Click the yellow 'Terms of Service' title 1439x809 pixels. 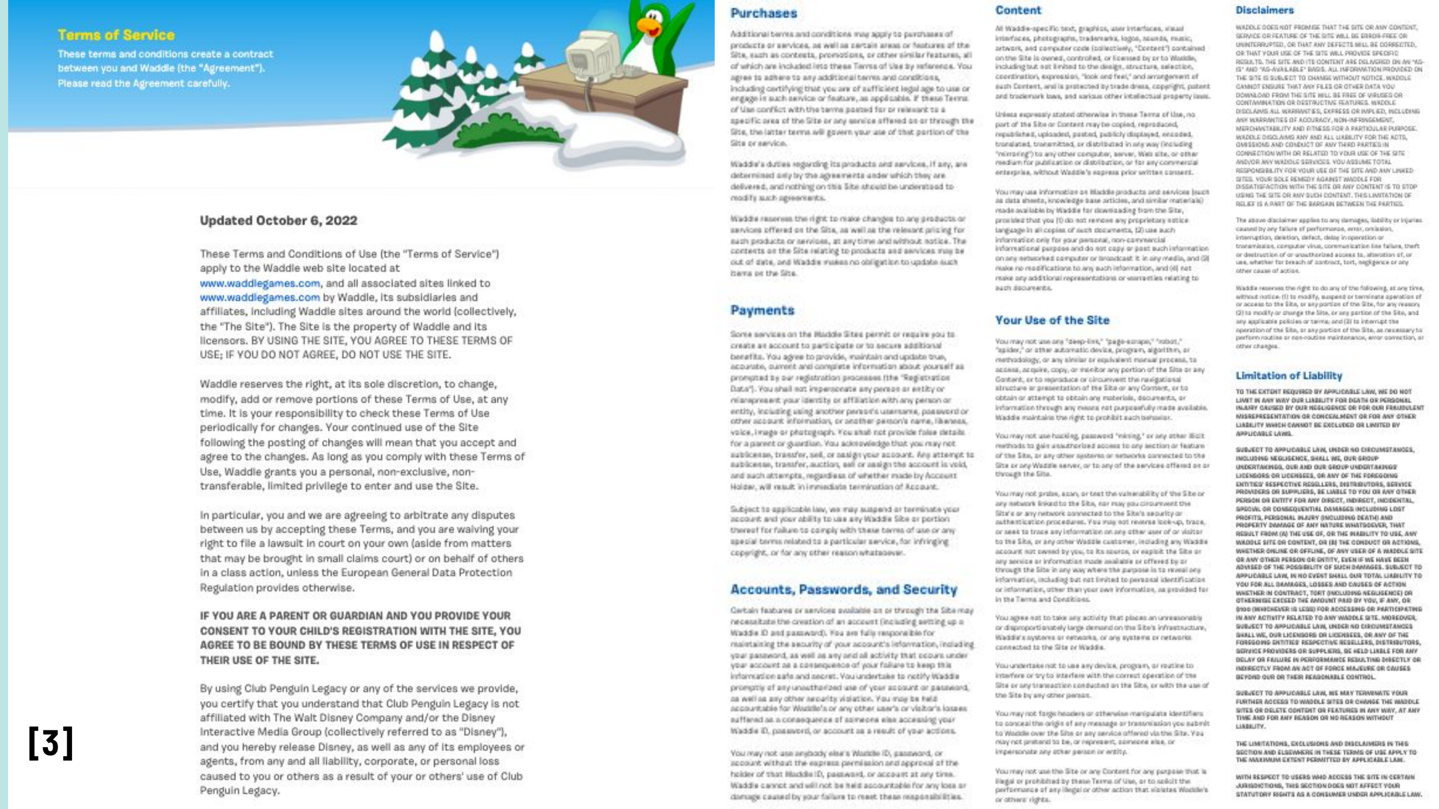[x=116, y=35]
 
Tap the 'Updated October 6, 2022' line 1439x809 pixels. [x=278, y=221]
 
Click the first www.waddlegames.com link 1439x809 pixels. [x=260, y=283]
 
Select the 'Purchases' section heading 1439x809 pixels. [x=763, y=13]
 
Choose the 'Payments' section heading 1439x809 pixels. [x=762, y=310]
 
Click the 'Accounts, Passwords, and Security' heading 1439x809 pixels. [x=844, y=589]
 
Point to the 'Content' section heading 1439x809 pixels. [x=1018, y=10]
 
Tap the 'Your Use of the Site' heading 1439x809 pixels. [x=1051, y=320]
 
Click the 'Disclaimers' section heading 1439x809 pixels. [x=1264, y=10]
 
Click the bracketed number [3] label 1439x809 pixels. [x=50, y=742]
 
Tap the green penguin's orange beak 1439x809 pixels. [x=648, y=25]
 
